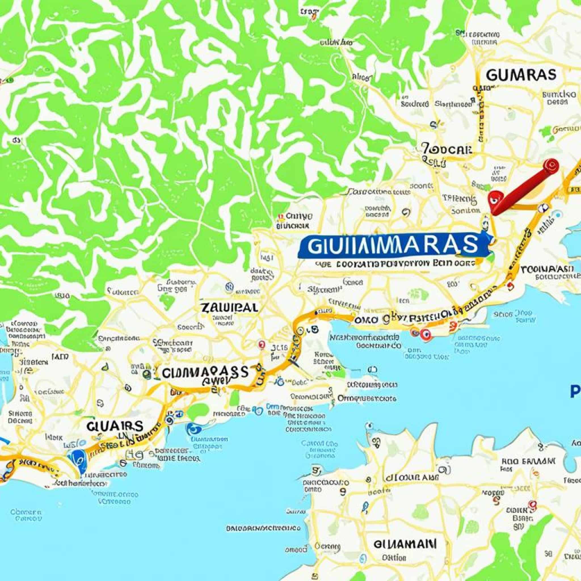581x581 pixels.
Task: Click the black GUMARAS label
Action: click(521, 75)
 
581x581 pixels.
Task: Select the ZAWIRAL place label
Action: click(230, 307)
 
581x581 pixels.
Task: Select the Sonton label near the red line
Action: click(466, 211)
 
